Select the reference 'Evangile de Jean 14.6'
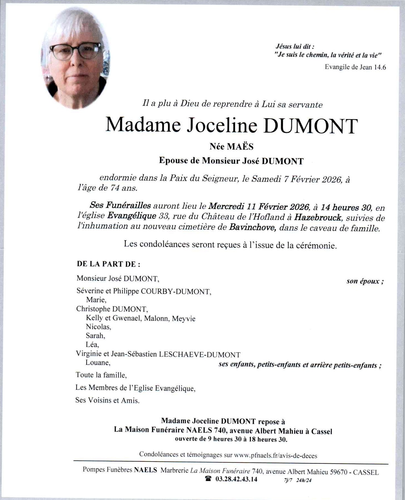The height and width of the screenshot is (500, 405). pyautogui.click(x=355, y=67)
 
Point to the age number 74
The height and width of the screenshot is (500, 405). pyautogui.click(x=115, y=188)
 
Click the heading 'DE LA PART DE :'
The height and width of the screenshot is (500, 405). pyautogui.click(x=108, y=264)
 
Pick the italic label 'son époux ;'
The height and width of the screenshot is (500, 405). pyautogui.click(x=365, y=281)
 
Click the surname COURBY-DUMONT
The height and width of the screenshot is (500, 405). pyautogui.click(x=176, y=292)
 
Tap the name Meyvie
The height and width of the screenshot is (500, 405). pyautogui.click(x=184, y=318)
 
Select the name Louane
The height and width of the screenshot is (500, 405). pyautogui.click(x=97, y=363)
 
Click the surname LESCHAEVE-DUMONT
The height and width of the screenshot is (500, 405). pyautogui.click(x=200, y=355)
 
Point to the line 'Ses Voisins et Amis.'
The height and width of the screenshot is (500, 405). pyautogui.click(x=107, y=400)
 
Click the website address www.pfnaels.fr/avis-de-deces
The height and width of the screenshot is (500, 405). pyautogui.click(x=275, y=456)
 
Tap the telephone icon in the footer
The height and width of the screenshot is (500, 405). pyautogui.click(x=208, y=479)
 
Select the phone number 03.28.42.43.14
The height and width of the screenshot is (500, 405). pyautogui.click(x=236, y=479)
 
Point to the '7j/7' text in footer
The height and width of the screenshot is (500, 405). pyautogui.click(x=288, y=480)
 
